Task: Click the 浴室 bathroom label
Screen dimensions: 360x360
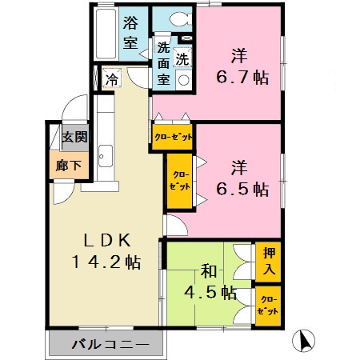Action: pyautogui.click(x=131, y=33)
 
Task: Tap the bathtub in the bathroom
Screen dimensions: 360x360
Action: pyautogui.click(x=104, y=34)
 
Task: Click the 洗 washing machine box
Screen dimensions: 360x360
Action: pyautogui.click(x=182, y=58)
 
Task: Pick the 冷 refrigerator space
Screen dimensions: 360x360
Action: pyautogui.click(x=112, y=79)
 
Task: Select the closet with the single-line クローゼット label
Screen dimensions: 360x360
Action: pyautogui.click(x=174, y=136)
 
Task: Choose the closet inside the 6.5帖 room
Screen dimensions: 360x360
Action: pyautogui.click(x=180, y=179)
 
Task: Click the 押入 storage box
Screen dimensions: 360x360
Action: pyautogui.click(x=268, y=262)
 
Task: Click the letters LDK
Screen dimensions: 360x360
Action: pyautogui.click(x=102, y=239)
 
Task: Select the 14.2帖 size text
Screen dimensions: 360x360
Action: pyautogui.click(x=102, y=262)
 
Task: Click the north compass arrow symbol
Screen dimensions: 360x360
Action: pyautogui.click(x=304, y=341)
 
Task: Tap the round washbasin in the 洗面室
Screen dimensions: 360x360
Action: pyautogui.click(x=183, y=79)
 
